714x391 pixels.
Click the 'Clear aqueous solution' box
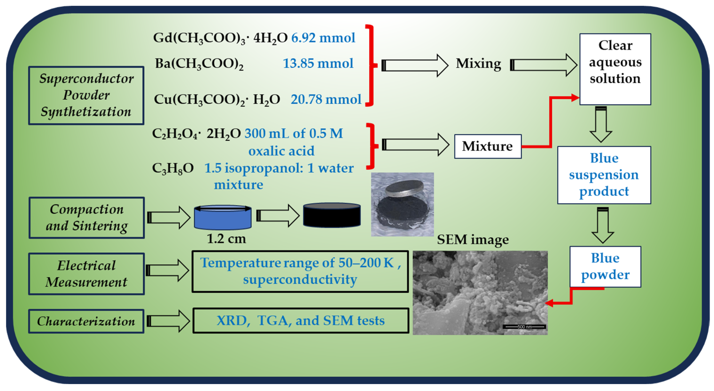615,69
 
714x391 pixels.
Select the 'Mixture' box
488,146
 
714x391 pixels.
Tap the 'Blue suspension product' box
604,175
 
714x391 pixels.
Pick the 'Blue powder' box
605,267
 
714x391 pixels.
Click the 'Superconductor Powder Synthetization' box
86,95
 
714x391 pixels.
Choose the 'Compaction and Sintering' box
86,218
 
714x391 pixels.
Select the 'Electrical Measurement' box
86,274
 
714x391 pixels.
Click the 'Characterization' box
86,321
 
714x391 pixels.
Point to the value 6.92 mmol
323,38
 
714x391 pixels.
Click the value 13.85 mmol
318,63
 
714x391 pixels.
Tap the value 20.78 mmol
326,99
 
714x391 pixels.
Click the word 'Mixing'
478,63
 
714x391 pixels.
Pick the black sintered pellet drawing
332,215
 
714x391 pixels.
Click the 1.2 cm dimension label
226,239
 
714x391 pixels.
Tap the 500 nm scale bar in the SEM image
525,327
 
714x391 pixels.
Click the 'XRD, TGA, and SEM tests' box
301,321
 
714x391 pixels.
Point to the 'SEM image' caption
473,240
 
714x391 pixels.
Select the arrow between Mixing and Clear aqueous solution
543,65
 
